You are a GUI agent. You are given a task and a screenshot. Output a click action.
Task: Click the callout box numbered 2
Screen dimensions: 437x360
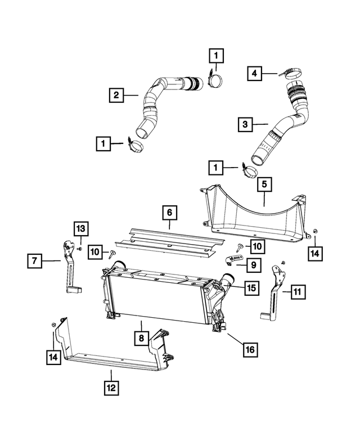coord(116,96)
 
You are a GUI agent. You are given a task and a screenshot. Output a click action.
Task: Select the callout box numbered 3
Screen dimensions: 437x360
coord(245,124)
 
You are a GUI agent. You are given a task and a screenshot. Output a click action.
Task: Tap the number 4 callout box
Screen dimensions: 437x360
coord(254,73)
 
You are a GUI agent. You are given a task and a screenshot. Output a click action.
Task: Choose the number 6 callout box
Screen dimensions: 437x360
coord(169,214)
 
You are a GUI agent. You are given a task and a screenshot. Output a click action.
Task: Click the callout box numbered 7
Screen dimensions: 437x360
coord(34,260)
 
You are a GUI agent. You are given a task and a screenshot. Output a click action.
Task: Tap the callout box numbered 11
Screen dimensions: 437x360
coord(298,291)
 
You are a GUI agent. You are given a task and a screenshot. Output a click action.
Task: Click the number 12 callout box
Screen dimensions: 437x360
coord(111,388)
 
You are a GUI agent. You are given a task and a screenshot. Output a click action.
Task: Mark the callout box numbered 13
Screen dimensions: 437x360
coord(81,228)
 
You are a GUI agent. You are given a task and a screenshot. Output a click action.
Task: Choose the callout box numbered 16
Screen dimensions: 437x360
coord(251,350)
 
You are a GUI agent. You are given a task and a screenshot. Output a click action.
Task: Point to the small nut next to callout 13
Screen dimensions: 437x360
coord(82,247)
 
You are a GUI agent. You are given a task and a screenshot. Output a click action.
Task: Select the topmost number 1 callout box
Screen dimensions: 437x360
coord(217,56)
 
